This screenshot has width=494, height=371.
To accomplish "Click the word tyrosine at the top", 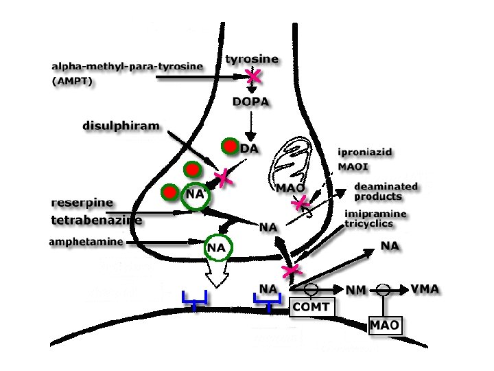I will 252,59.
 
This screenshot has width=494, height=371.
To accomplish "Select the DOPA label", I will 250,102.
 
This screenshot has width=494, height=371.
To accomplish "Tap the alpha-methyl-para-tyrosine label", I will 128,67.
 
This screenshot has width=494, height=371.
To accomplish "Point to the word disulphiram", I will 121,126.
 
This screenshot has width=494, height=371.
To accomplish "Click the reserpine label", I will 82,203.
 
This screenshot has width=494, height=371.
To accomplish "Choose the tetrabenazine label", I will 97,221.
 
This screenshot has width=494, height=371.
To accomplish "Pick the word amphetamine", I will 86,242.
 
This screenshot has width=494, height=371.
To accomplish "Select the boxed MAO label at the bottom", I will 384,324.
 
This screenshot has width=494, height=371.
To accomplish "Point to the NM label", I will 355,291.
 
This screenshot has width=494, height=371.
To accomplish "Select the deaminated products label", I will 386,191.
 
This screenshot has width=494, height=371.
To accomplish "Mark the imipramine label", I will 375,214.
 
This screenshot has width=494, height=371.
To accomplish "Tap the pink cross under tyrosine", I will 255,76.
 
